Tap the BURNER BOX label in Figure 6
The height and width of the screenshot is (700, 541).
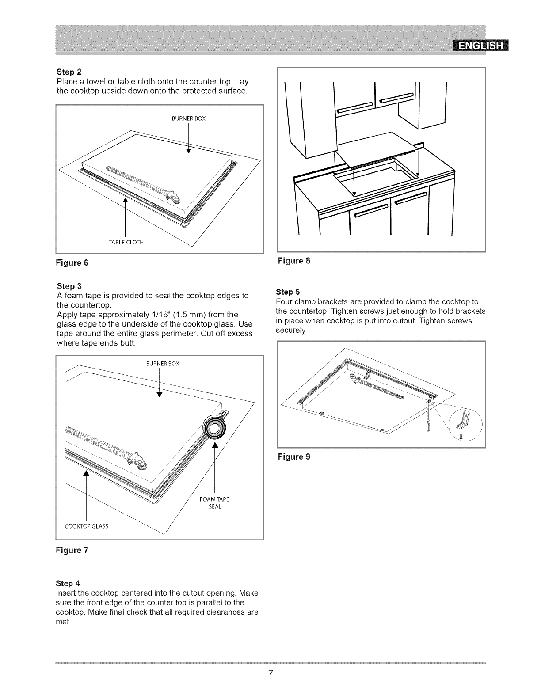(x=189, y=118)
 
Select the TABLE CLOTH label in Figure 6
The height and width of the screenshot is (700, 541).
(x=126, y=242)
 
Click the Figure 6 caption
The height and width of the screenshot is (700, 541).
(x=72, y=262)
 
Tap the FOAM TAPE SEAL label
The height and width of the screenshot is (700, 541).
(x=214, y=503)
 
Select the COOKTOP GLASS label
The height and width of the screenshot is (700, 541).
(x=86, y=526)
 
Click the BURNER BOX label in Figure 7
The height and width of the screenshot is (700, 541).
(x=163, y=364)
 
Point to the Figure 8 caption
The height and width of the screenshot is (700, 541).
(x=294, y=261)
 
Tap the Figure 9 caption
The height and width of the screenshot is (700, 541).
(x=294, y=457)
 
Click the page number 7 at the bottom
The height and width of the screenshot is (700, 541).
(x=270, y=673)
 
